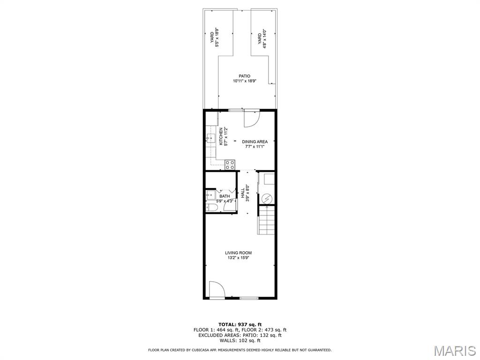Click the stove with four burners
click(x=230, y=165)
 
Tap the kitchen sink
click(x=210, y=138)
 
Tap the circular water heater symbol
click(x=266, y=199)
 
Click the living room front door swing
click(x=216, y=289)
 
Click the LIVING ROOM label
click(x=238, y=253)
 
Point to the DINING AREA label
click(x=255, y=142)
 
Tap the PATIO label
click(x=245, y=76)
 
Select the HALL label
click(x=243, y=193)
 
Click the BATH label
click(x=225, y=196)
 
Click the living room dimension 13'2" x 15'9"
click(x=238, y=258)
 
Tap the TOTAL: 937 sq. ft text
click(x=240, y=324)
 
